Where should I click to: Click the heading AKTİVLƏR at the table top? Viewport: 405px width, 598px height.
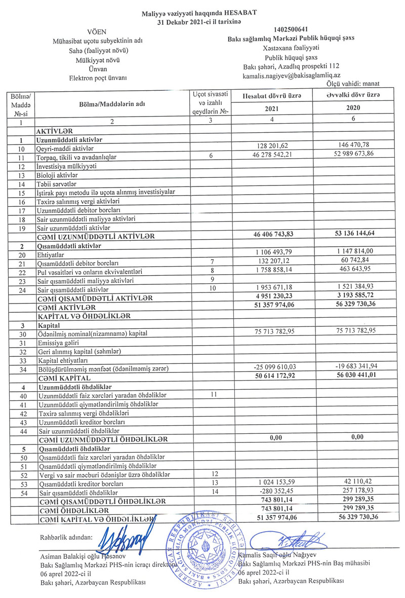(55, 130)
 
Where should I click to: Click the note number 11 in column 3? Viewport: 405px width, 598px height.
(211, 393)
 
